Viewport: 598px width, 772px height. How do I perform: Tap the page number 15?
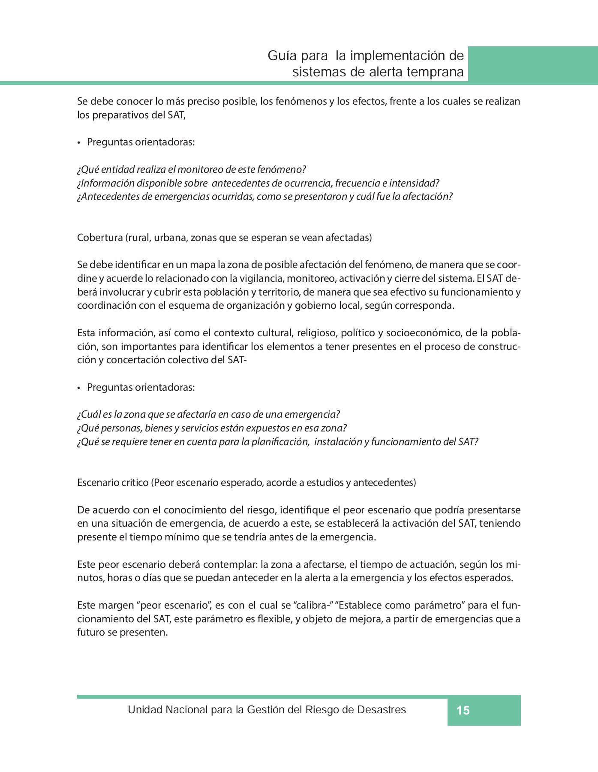(463, 711)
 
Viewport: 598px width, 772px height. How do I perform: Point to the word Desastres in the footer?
(381, 710)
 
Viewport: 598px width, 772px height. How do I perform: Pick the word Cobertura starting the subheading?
(100, 238)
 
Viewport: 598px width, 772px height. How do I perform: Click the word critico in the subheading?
(134, 482)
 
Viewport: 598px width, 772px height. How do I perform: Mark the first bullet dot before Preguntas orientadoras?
(79, 142)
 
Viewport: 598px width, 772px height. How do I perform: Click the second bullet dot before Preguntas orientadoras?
(79, 388)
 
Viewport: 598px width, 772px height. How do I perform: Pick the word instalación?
(337, 442)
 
